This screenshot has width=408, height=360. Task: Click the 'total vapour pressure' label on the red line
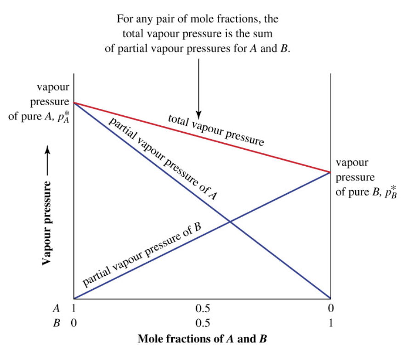pyautogui.click(x=216, y=130)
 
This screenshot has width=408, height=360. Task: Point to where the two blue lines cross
pyautogui.click(x=229, y=222)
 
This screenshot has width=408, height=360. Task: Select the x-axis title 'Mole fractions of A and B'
pyautogui.click(x=202, y=339)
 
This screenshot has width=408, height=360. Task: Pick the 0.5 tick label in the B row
pyautogui.click(x=202, y=323)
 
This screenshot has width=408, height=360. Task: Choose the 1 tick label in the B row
pyautogui.click(x=331, y=323)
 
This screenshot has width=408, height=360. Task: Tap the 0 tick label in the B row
pyautogui.click(x=74, y=323)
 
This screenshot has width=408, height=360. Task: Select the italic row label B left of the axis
pyautogui.click(x=57, y=323)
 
